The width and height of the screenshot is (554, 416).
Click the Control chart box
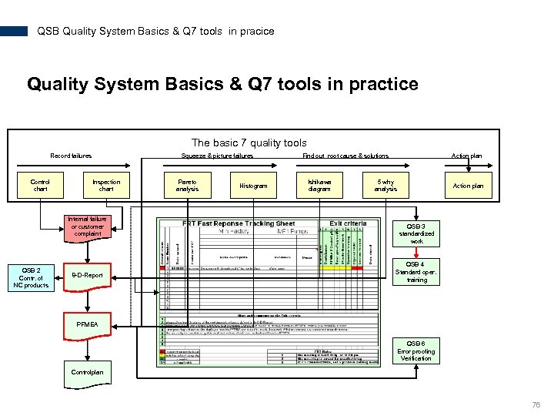point(40,186)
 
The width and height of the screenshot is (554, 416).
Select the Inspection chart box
point(106,186)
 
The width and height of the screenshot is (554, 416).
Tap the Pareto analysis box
point(187,186)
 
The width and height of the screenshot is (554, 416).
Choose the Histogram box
point(253,186)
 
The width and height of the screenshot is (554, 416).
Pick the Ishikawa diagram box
point(319,186)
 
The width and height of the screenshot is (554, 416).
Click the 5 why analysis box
point(385,186)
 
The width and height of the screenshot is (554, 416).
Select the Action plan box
point(468,186)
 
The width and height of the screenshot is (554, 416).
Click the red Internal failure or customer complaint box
point(88,226)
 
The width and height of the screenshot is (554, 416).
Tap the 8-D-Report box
point(87,275)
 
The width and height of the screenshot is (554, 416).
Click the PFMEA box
point(87,324)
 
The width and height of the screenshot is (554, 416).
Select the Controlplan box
point(87,372)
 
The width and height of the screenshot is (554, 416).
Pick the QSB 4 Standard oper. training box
point(416,271)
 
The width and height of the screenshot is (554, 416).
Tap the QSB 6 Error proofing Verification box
point(416,351)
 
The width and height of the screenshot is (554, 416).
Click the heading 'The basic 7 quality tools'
point(249,143)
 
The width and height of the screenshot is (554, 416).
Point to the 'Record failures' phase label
point(71,156)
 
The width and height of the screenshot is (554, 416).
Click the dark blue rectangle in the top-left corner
point(14,32)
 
